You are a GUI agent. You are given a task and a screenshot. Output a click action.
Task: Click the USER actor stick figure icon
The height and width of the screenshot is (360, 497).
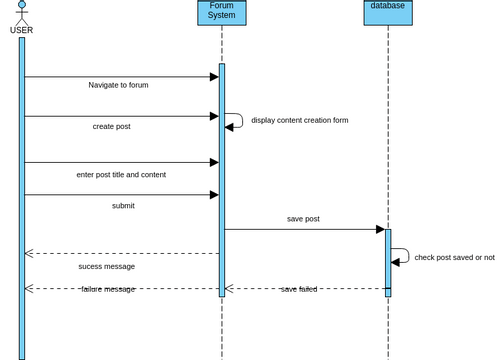tap(21, 12)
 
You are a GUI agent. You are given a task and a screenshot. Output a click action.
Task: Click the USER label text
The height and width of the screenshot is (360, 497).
tap(21, 30)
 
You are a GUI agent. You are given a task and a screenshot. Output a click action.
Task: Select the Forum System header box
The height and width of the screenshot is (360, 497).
tap(221, 11)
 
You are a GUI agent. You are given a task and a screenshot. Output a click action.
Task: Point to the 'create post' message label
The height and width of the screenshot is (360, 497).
tap(111, 126)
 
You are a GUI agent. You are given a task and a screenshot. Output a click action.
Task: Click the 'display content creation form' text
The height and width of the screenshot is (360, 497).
tap(300, 120)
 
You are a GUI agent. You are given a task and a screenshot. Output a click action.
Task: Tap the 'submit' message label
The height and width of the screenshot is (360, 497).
tap(123, 206)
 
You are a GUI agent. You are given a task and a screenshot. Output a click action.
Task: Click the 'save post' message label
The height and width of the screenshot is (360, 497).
tap(303, 219)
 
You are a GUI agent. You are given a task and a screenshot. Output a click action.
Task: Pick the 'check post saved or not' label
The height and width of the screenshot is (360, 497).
tap(454, 257)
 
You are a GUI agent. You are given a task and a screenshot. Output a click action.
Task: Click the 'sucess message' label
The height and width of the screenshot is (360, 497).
tap(106, 267)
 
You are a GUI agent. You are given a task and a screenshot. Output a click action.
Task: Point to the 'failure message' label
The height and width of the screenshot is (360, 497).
tap(108, 289)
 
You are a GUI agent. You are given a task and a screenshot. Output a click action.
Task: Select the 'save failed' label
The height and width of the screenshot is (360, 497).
tap(299, 289)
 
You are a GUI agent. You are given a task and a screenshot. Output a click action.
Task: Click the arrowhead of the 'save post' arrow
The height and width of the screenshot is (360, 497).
tap(379, 229)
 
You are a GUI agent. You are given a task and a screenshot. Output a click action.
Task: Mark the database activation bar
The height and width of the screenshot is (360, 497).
tap(388, 262)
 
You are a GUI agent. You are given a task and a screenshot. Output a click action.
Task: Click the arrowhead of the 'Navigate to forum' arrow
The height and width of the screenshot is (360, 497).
tap(214, 77)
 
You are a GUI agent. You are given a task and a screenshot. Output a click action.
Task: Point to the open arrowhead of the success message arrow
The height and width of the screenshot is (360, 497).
tap(29, 253)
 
